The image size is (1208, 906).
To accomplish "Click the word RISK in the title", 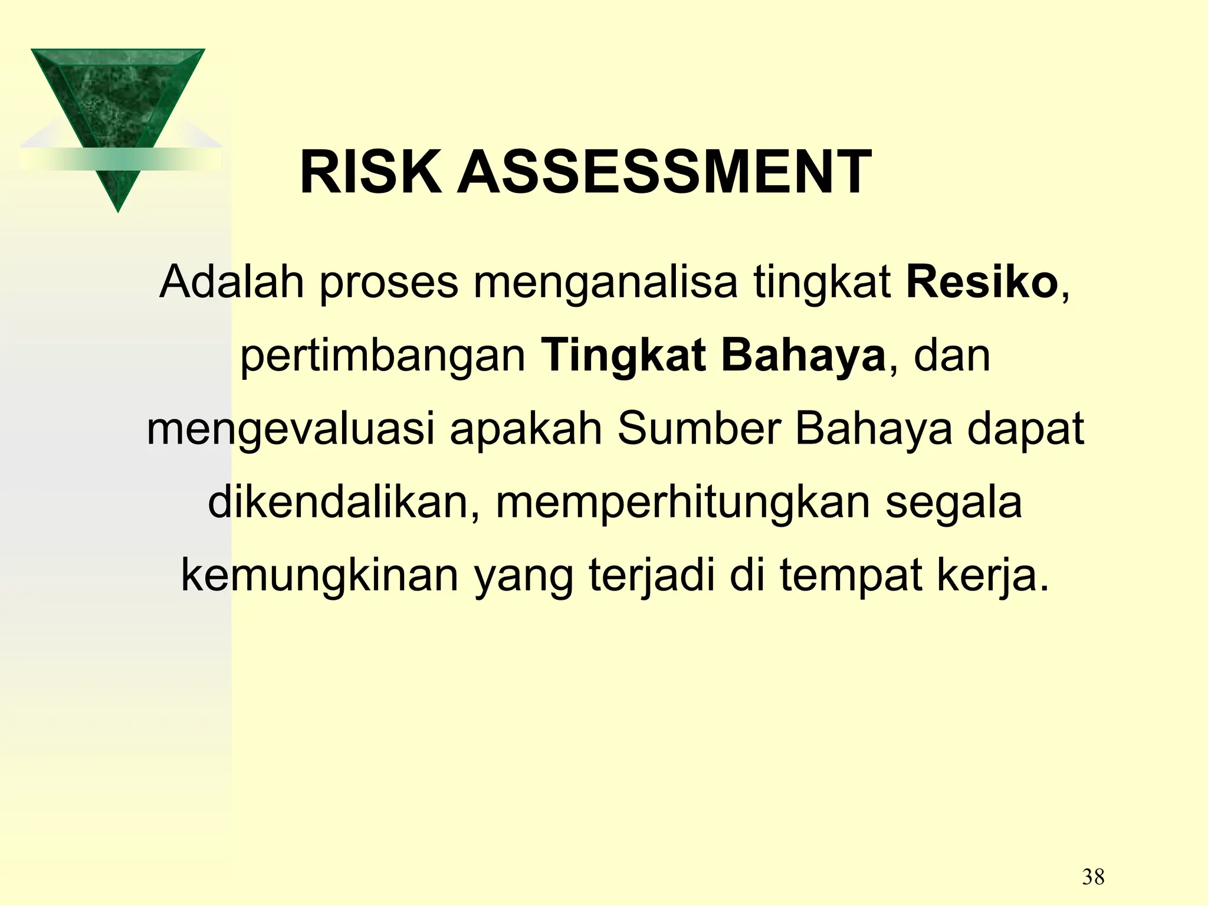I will click(x=370, y=173).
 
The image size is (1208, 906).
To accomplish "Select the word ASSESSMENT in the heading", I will click(x=665, y=173).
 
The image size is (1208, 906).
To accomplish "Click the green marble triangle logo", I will click(x=117, y=112).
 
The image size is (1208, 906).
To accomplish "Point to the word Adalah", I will click(x=232, y=282).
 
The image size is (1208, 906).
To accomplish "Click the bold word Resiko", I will click(x=982, y=282).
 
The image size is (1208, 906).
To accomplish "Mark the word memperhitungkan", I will click(x=683, y=503).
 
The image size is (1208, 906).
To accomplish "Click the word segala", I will click(x=953, y=503).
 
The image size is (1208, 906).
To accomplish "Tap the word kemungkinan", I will click(x=320, y=576).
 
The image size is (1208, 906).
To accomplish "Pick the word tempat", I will click(x=851, y=576).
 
